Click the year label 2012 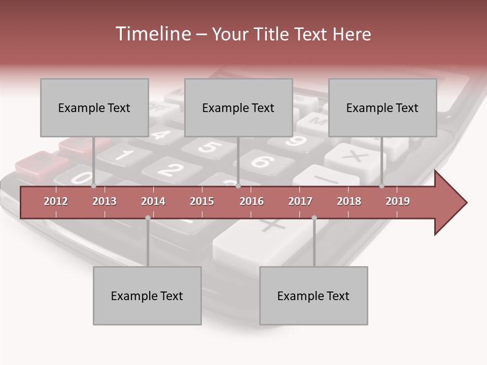56,201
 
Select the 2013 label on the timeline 105,201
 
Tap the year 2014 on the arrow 153,201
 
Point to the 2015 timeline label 202,201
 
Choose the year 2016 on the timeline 252,201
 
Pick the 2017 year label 300,201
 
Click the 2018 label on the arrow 349,201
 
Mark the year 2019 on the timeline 398,201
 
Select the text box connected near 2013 94,107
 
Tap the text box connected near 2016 238,107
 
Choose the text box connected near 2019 382,107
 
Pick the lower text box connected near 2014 147,296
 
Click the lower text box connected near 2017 314,296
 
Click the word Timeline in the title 152,34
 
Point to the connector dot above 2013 94,186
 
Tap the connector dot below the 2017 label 314,218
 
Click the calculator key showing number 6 261,162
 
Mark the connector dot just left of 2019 382,186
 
